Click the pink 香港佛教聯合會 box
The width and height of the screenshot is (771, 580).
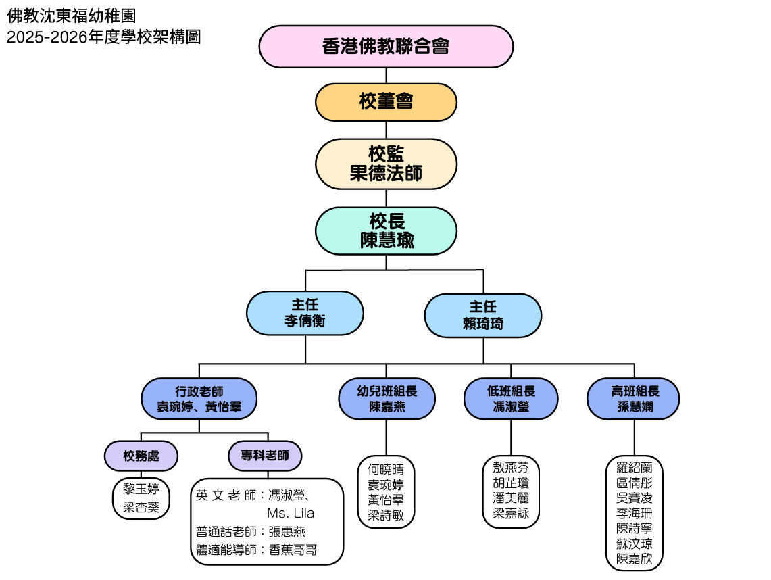point(386,47)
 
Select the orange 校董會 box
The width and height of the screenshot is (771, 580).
point(386,102)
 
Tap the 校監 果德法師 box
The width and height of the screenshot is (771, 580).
point(386,164)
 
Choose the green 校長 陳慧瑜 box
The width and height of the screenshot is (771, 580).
point(386,231)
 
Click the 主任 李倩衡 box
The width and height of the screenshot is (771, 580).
point(305,313)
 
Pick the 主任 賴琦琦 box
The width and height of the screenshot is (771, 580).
point(482,315)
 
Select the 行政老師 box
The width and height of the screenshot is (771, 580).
point(199,399)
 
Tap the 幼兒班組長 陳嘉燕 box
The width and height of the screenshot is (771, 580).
point(387,399)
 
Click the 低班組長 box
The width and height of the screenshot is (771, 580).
point(511,399)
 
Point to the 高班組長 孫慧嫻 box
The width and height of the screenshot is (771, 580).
point(633,399)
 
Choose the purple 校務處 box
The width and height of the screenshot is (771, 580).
point(141,456)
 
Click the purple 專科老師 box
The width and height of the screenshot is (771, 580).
point(265,456)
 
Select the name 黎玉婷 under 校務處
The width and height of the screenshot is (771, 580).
point(141,489)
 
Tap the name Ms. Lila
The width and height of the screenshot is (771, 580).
point(291,513)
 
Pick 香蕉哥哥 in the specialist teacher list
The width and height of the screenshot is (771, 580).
point(293,550)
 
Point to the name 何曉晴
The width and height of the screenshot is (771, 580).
point(386,470)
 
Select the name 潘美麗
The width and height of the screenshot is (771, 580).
point(511,498)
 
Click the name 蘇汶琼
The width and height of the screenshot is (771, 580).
point(634,543)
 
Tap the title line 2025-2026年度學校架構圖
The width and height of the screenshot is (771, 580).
point(104,37)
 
